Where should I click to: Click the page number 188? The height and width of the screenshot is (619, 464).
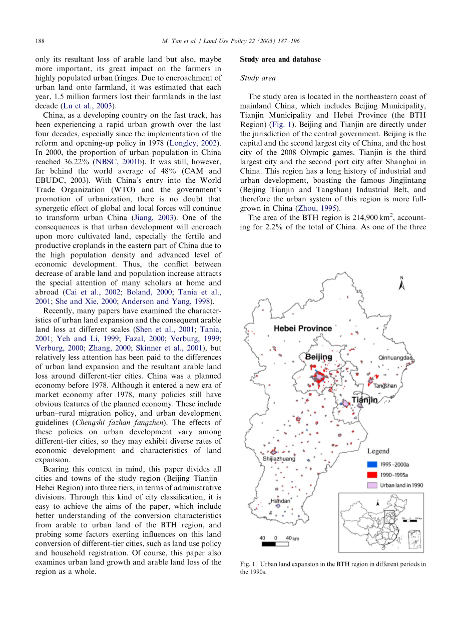coord(40,41)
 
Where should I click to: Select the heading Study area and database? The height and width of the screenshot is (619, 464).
coord(280,60)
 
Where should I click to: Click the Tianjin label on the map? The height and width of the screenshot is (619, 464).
coord(363,400)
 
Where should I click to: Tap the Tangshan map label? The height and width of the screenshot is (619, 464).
coord(385,386)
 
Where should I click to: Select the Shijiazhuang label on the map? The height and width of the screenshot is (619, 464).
coord(279,458)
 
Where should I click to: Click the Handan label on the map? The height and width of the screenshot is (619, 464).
coord(280,501)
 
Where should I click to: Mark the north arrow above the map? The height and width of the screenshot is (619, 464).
coord(401,283)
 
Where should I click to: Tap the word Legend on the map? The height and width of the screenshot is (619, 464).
coord(378,452)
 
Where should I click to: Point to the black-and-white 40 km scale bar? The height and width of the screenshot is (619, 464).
coord(275,543)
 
